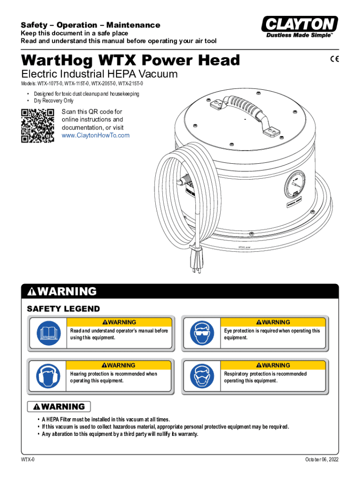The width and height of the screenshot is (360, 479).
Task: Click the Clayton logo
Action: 300,27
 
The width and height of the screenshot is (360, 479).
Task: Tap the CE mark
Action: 335,59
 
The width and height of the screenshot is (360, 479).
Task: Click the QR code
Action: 37,125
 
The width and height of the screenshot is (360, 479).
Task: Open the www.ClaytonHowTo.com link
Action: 95,135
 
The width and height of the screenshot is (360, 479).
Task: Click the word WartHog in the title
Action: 57,60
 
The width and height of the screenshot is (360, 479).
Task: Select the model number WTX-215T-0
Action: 130,83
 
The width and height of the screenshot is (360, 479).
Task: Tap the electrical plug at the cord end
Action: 195,258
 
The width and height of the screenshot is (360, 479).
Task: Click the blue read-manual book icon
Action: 49,333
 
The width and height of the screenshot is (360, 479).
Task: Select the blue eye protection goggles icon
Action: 202,333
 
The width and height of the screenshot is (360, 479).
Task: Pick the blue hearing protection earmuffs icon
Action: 48,376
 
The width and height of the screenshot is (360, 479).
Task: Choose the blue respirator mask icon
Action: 202,376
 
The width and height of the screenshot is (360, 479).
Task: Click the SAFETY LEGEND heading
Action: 64,309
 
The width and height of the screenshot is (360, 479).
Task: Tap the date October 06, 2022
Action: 322,459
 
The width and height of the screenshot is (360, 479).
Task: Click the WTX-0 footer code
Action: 28,459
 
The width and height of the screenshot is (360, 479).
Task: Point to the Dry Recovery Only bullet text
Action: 54,101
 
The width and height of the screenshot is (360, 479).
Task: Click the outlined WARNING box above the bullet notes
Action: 59,406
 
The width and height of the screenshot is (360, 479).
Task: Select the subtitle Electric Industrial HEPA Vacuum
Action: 99,74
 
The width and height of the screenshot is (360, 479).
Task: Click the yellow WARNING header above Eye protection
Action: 273,322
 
